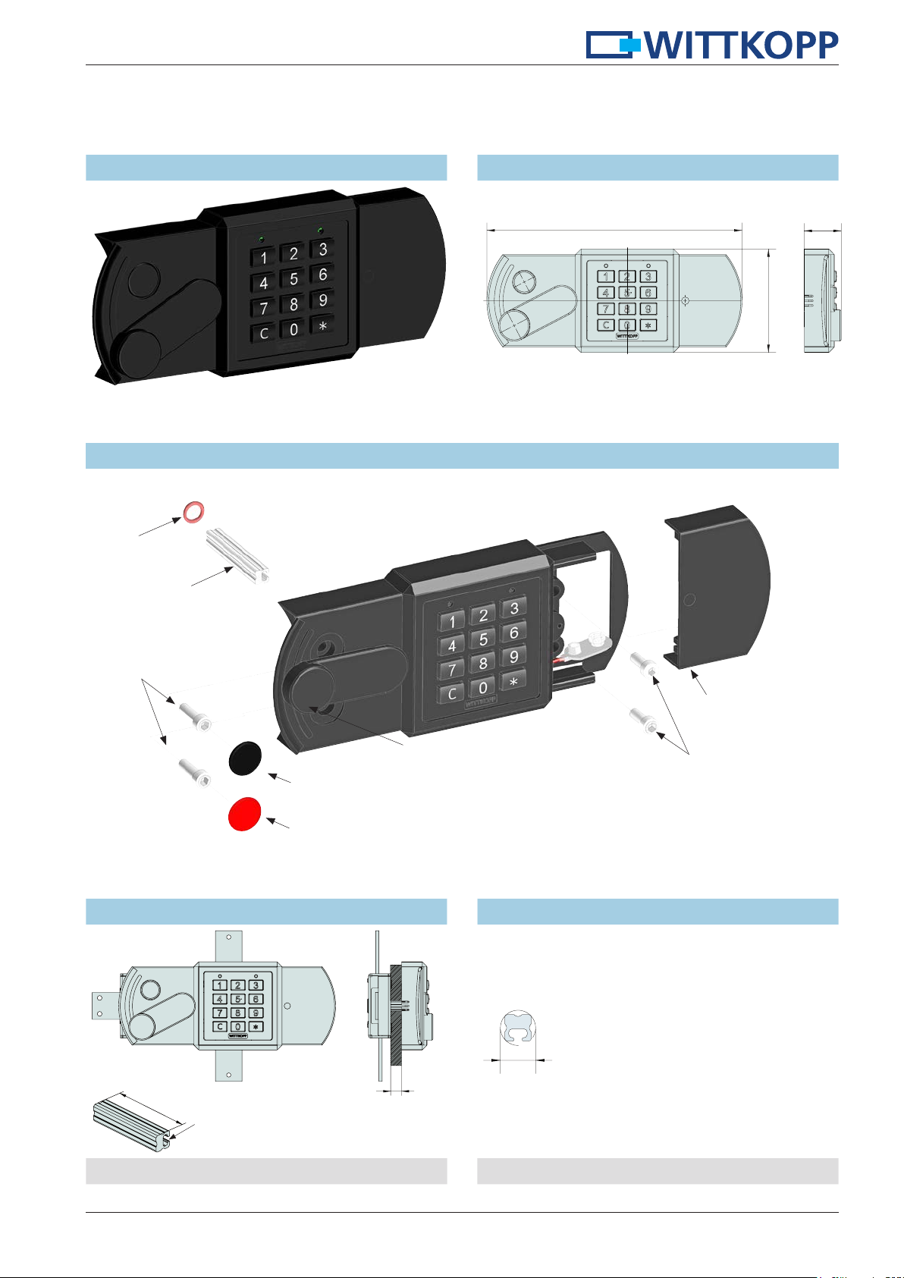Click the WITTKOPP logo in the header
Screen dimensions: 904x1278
click(x=712, y=46)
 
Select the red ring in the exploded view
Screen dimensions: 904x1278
click(x=192, y=511)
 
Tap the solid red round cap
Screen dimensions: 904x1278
click(x=245, y=814)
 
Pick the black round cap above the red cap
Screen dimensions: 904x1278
click(x=246, y=758)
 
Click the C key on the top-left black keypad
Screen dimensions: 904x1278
click(x=264, y=333)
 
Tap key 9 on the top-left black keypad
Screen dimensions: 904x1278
click(x=322, y=300)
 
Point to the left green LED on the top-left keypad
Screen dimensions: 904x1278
click(x=261, y=239)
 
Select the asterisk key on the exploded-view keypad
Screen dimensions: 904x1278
click(x=513, y=683)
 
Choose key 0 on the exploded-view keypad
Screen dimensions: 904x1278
click(x=482, y=688)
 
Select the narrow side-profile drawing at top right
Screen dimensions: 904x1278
click(x=822, y=300)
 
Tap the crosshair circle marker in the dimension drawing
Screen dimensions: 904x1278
click(x=685, y=300)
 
